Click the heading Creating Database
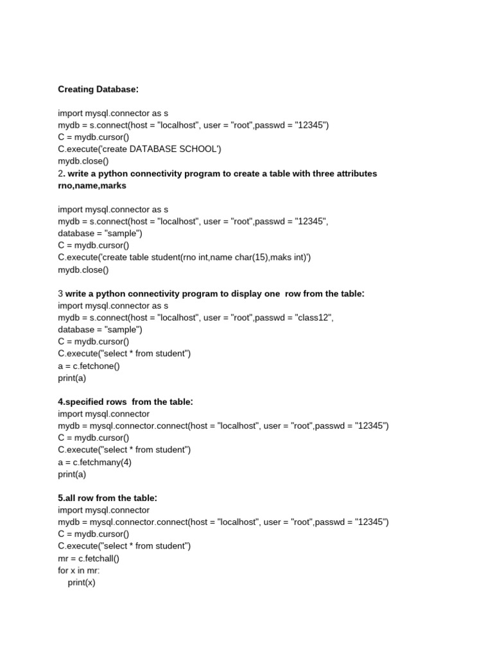98,89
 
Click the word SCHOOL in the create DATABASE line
198,149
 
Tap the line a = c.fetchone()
89,366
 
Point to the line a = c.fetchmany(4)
94,462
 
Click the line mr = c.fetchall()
89,558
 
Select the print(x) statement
82,583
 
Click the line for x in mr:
79,570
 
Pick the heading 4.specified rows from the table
125,402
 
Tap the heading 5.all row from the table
107,498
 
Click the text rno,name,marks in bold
92,185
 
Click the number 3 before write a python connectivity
60,294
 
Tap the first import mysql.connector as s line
113,113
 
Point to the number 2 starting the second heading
60,173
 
